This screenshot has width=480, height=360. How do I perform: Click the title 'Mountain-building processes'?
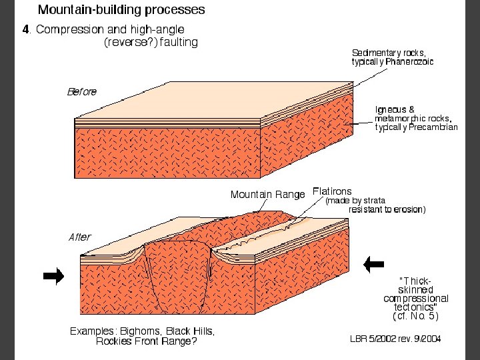tap(121, 10)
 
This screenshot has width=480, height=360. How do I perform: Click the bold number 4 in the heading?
tap(26, 30)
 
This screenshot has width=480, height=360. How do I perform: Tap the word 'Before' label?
tap(81, 92)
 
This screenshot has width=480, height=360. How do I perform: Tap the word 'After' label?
tap(80, 237)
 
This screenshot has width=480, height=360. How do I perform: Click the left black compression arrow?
tap(53, 275)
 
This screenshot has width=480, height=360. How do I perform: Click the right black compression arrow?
tap(373, 264)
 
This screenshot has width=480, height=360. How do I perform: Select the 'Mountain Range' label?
tap(267, 195)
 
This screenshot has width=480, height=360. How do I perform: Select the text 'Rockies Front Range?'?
tap(146, 342)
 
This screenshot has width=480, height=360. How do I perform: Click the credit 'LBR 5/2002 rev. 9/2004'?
tap(395, 339)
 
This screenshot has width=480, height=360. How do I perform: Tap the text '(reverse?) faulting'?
tap(151, 41)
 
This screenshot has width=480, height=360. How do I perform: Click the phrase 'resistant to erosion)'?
tap(387, 209)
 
